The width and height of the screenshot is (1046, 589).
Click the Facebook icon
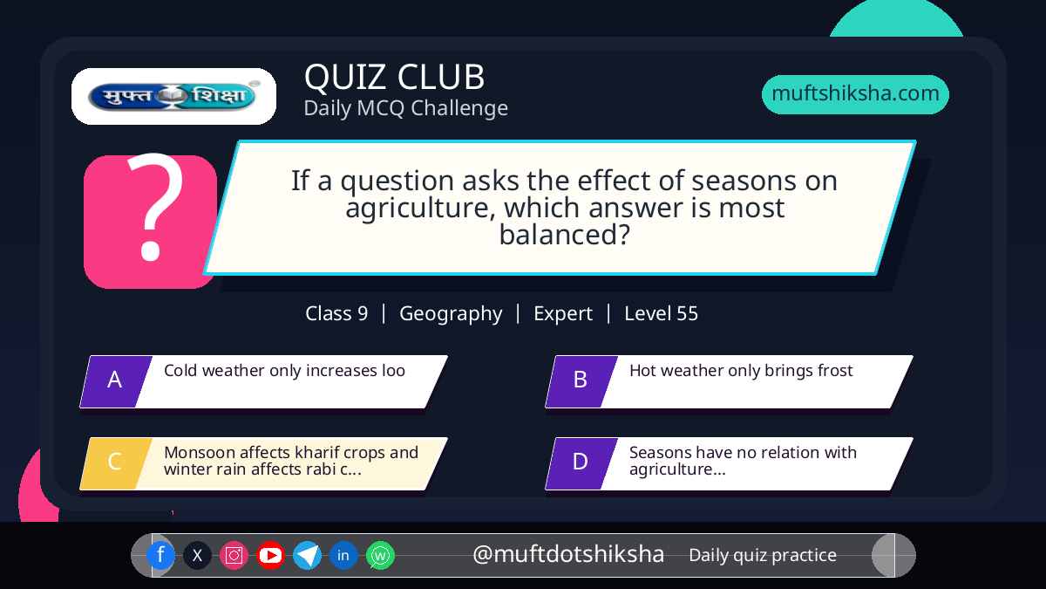tap(160, 555)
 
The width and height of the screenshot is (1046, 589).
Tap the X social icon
tap(197, 555)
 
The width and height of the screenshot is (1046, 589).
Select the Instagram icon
tap(234, 555)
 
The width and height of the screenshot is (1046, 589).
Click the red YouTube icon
tap(270, 555)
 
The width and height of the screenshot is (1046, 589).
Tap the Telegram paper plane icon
tap(307, 555)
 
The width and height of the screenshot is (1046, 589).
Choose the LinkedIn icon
tap(343, 555)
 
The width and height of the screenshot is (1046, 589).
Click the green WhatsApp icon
tap(380, 555)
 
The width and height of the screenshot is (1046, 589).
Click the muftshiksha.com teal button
tap(855, 94)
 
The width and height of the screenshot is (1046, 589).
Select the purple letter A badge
tap(116, 381)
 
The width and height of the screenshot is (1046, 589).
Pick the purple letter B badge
tap(581, 381)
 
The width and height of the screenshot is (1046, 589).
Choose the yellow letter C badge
tap(116, 463)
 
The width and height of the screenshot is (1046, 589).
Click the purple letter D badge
tap(581, 463)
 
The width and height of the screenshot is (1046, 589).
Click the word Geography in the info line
tap(451, 314)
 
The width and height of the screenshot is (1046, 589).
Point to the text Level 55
tap(662, 313)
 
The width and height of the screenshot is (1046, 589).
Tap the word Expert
tap(563, 314)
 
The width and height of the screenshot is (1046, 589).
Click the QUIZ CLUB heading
tap(395, 77)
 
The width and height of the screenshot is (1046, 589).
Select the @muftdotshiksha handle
tap(568, 554)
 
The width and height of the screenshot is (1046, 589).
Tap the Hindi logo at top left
tap(173, 96)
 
